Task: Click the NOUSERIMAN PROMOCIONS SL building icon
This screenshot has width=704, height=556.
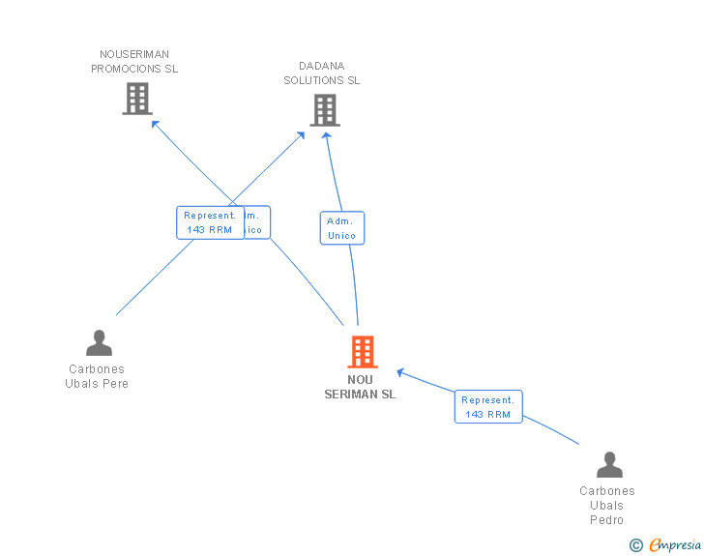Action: click(137, 99)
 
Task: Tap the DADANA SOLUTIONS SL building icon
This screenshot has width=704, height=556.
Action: click(325, 110)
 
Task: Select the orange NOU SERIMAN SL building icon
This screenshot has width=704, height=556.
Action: click(363, 352)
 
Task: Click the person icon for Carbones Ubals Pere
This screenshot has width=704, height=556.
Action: click(99, 343)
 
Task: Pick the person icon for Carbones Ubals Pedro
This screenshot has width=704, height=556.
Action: click(609, 465)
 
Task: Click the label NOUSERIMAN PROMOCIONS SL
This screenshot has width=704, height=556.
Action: click(134, 62)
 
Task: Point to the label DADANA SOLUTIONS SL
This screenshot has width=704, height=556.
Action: click(322, 73)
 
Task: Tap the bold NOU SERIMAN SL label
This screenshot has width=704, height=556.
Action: click(360, 387)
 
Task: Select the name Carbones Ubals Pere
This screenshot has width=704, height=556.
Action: click(97, 376)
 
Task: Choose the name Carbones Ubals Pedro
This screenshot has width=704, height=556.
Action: click(607, 505)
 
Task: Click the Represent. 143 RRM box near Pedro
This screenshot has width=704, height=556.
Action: click(488, 407)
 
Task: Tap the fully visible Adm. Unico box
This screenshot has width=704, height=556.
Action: click(342, 228)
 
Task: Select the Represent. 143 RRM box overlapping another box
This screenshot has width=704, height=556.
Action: click(209, 222)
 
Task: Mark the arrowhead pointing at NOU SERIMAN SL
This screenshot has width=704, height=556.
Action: click(401, 372)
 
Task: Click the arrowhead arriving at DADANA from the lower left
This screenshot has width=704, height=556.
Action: click(302, 134)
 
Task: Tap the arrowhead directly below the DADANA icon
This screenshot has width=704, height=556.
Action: click(326, 135)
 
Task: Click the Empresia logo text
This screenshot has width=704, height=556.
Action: click(675, 545)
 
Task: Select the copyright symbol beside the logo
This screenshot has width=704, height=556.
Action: click(635, 546)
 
